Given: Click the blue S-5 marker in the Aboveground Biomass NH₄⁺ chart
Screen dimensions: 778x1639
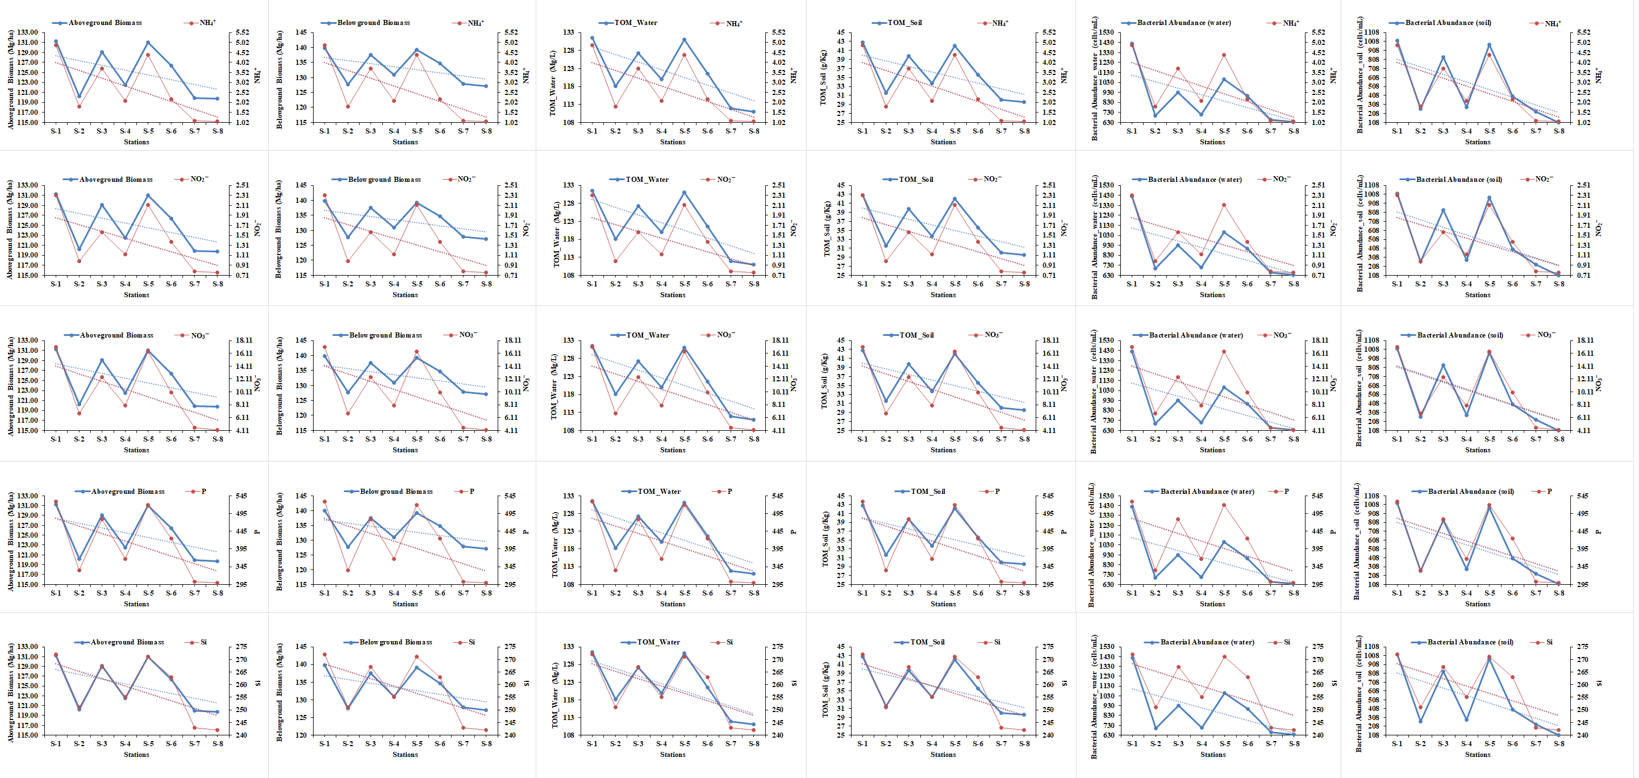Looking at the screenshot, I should coord(148,43).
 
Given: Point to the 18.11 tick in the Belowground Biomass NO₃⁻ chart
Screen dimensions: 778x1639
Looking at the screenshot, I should coord(513,340).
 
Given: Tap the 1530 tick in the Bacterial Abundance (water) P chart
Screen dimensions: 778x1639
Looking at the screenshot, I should coord(1106,496).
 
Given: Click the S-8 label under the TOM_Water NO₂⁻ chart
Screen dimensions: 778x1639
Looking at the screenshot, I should coord(754,284).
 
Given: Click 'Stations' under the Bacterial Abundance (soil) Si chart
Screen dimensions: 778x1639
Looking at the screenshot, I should coord(1478,755).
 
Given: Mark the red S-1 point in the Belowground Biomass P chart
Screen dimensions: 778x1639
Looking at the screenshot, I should coord(324,502).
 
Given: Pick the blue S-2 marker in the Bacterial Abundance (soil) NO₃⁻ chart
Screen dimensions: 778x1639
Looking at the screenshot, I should coord(1420,417).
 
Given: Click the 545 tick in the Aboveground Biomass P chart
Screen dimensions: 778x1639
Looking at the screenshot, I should coord(241,496).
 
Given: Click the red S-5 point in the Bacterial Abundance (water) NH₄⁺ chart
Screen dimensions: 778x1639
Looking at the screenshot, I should coord(1224,55).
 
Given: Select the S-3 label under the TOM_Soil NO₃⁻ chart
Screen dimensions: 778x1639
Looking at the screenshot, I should coord(908,439).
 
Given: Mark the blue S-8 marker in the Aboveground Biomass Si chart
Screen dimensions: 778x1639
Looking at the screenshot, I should coord(217,712).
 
